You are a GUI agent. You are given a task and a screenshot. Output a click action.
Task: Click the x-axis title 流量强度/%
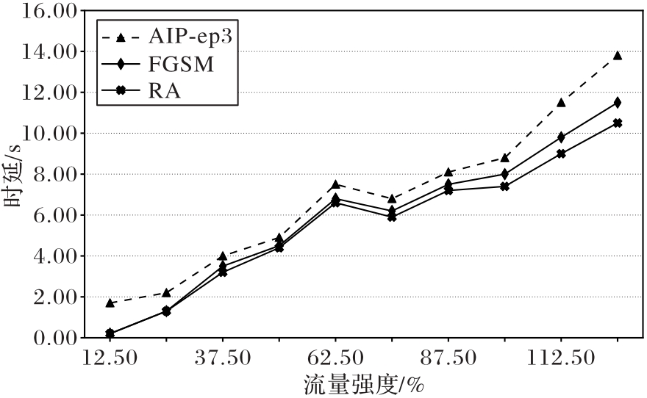click(365, 384)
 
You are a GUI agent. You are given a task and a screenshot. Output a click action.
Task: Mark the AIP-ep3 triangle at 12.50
click(110, 303)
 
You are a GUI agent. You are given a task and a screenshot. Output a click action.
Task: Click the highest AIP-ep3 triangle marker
click(618, 55)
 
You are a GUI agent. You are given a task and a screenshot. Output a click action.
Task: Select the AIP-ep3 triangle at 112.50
click(561, 102)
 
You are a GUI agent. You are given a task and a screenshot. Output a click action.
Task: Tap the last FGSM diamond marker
click(618, 102)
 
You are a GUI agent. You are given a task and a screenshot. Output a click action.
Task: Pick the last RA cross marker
click(618, 123)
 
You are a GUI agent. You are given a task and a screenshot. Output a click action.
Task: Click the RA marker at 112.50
click(561, 153)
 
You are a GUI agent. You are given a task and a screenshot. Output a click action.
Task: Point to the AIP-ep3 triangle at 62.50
click(335, 184)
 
